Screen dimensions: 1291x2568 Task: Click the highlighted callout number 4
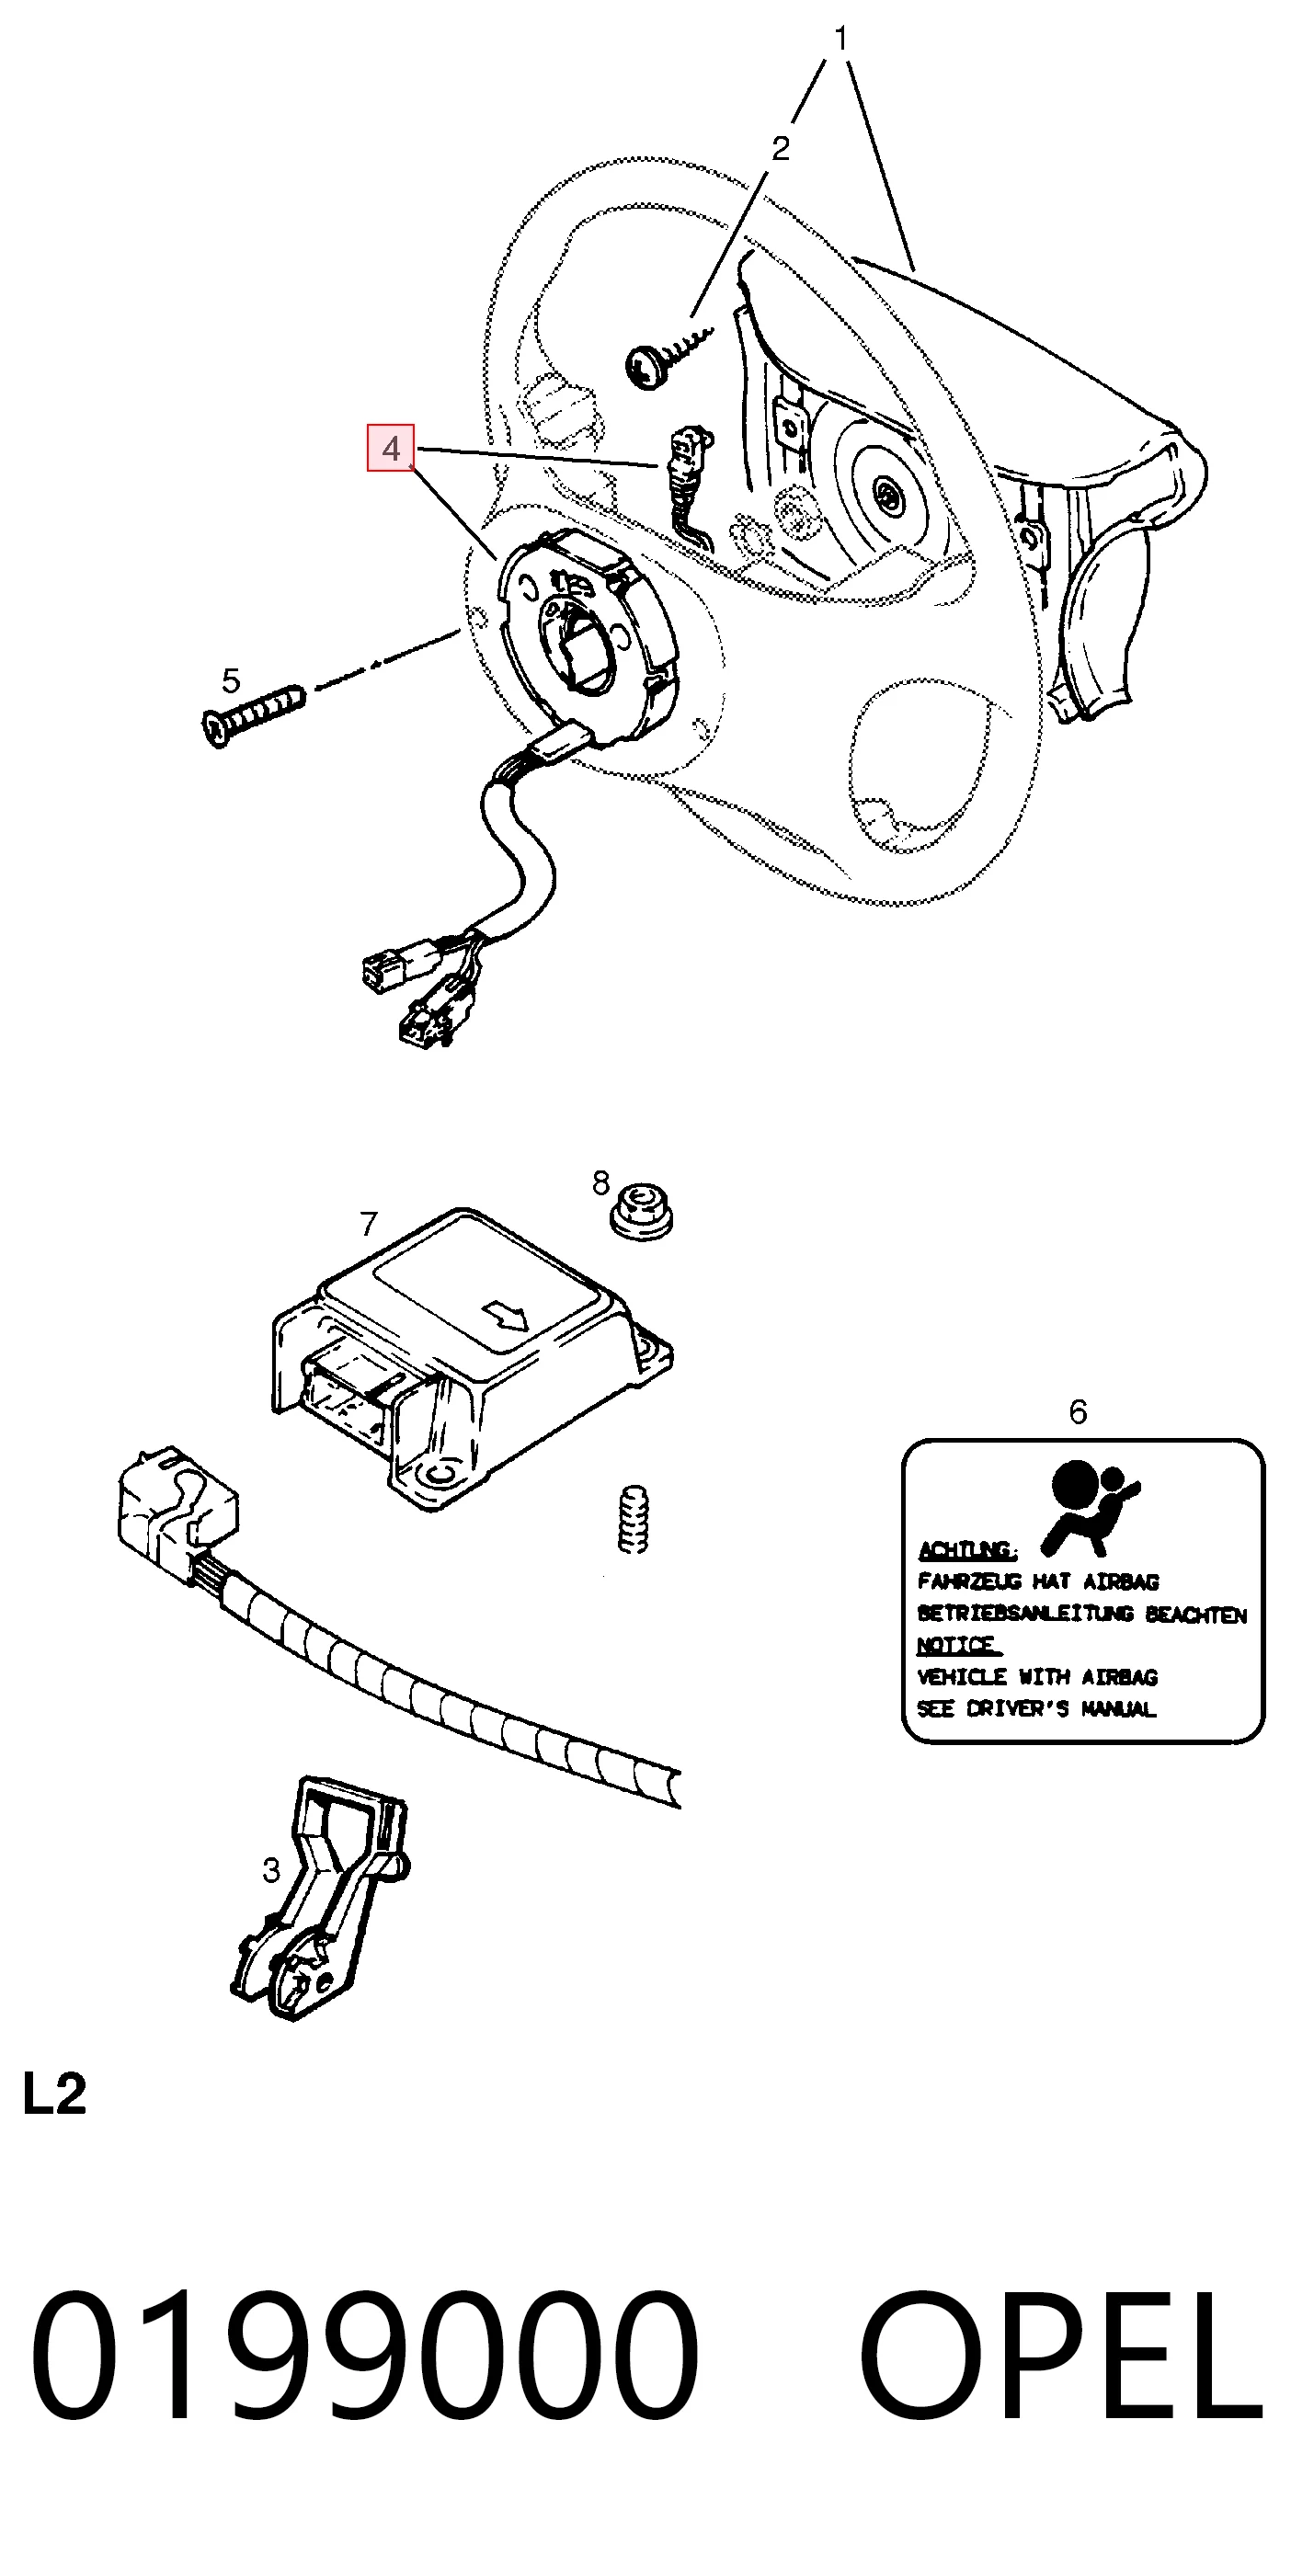click(390, 449)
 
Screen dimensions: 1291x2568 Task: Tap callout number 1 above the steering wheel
click(840, 39)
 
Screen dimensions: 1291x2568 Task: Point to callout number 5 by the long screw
click(230, 681)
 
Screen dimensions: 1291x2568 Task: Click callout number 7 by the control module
click(369, 1223)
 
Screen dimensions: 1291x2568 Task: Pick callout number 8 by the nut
click(600, 1182)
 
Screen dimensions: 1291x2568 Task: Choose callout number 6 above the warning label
click(1078, 1411)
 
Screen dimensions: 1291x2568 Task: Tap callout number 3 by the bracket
click(271, 1870)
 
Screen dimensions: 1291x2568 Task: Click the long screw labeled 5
click(252, 713)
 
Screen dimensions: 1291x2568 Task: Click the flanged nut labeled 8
click(641, 1210)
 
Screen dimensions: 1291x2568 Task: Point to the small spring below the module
click(633, 1519)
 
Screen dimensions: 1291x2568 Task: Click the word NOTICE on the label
click(958, 1645)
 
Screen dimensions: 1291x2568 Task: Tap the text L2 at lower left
click(55, 2094)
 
